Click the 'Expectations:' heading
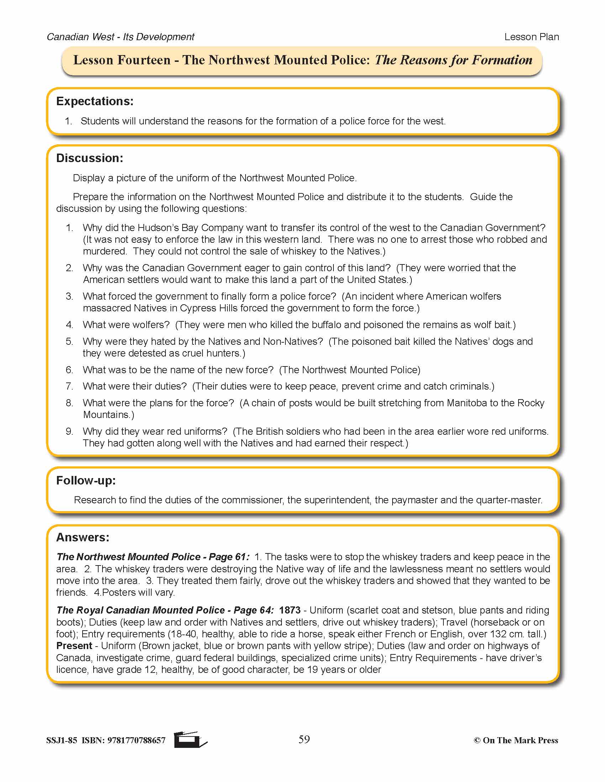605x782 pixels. tap(95, 101)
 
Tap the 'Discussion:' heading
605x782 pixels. tap(90, 158)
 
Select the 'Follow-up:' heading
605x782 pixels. tap(86, 481)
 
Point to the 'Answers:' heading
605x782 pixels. tap(83, 537)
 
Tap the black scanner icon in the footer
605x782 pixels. tap(190, 739)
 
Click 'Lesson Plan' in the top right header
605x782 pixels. tap(532, 37)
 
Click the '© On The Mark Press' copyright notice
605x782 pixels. tap(516, 740)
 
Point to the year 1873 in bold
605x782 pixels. tap(290, 610)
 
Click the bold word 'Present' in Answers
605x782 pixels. tap(74, 646)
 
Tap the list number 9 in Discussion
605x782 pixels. tap(69, 432)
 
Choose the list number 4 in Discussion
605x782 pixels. tap(69, 325)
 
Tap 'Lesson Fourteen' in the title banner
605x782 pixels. tap(122, 60)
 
